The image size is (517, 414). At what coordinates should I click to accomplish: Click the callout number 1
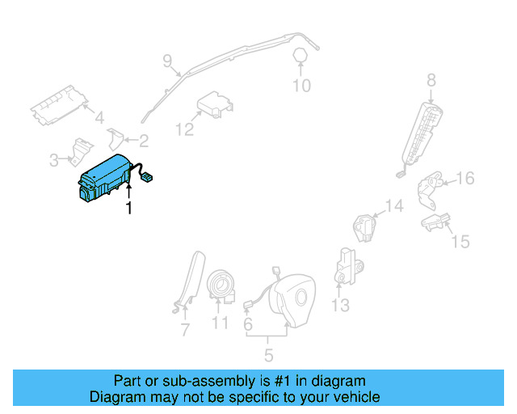tap(128, 209)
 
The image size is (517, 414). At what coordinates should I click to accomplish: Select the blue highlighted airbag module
tap(103, 178)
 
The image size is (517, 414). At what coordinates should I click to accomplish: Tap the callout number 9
tap(167, 60)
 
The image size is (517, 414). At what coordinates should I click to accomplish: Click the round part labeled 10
tap(301, 55)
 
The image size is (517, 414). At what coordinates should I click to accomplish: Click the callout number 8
tap(431, 79)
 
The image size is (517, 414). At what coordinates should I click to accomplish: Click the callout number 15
tap(460, 241)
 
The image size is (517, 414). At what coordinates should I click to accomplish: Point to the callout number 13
tap(340, 305)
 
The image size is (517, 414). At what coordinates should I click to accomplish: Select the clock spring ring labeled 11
tap(220, 285)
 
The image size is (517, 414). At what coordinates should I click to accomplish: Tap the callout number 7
tap(184, 329)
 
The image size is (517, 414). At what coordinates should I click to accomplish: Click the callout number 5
tap(268, 354)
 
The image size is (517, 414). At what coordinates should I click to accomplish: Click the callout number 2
tap(143, 142)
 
